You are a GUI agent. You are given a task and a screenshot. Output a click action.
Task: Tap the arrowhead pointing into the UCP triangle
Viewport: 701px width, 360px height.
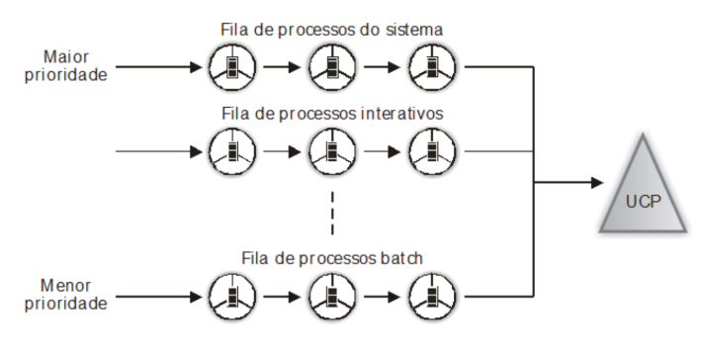597,182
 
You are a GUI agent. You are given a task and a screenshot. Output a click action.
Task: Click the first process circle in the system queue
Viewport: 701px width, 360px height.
232,67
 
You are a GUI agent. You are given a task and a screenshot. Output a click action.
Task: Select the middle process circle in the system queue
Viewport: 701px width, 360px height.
332,67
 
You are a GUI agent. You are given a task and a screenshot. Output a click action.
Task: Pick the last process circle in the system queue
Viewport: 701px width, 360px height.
432,67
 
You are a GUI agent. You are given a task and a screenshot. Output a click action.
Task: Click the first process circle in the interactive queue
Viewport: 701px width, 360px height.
232,151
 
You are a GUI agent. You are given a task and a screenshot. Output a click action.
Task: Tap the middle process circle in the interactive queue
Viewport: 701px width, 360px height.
332,151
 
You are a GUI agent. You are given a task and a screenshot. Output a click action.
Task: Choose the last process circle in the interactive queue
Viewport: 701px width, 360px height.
432,151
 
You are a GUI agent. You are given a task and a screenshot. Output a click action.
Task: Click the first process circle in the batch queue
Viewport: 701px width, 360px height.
232,297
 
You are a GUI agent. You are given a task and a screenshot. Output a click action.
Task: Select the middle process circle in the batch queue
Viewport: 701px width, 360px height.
332,297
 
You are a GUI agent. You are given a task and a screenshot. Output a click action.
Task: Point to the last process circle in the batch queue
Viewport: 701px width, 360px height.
432,297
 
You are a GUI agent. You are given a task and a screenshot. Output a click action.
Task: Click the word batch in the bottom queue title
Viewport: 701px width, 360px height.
401,258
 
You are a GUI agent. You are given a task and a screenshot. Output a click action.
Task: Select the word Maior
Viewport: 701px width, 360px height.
65,57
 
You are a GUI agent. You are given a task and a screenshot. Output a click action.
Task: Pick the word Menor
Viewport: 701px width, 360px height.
65,286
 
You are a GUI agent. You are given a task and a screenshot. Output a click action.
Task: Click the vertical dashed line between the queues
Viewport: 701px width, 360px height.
332,214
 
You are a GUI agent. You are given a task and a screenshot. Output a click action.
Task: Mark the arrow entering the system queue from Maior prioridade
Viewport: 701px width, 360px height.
159,67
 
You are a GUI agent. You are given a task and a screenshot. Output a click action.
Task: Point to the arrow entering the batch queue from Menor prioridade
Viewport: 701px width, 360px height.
159,297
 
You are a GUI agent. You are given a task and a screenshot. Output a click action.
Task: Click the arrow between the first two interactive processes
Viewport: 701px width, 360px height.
282,151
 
